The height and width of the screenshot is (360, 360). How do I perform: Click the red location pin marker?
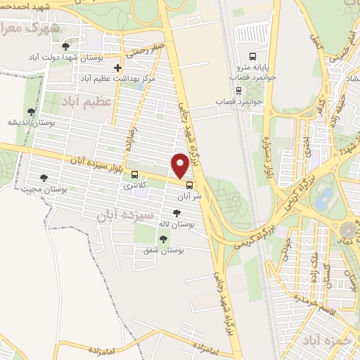coord(180,165)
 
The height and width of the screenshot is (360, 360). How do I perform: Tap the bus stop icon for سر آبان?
coord(188,186)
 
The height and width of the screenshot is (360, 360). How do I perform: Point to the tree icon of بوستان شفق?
coord(163,240)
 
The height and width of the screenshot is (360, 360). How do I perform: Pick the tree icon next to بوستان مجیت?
coord(44,179)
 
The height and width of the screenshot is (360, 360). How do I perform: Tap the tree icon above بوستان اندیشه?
coord(30,112)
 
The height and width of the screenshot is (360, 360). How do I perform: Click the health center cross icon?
coord(118,68)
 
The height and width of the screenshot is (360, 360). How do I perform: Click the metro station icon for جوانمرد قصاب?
coord(238,91)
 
